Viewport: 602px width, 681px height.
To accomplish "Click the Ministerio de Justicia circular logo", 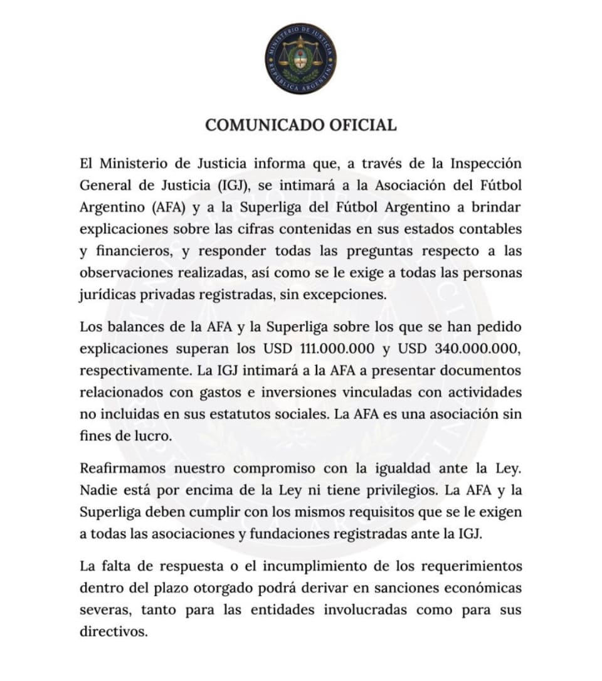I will coord(300,58).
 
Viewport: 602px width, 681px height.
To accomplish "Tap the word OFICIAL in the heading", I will coord(363,125).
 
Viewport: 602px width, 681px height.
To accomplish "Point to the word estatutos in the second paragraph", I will coord(253,414).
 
